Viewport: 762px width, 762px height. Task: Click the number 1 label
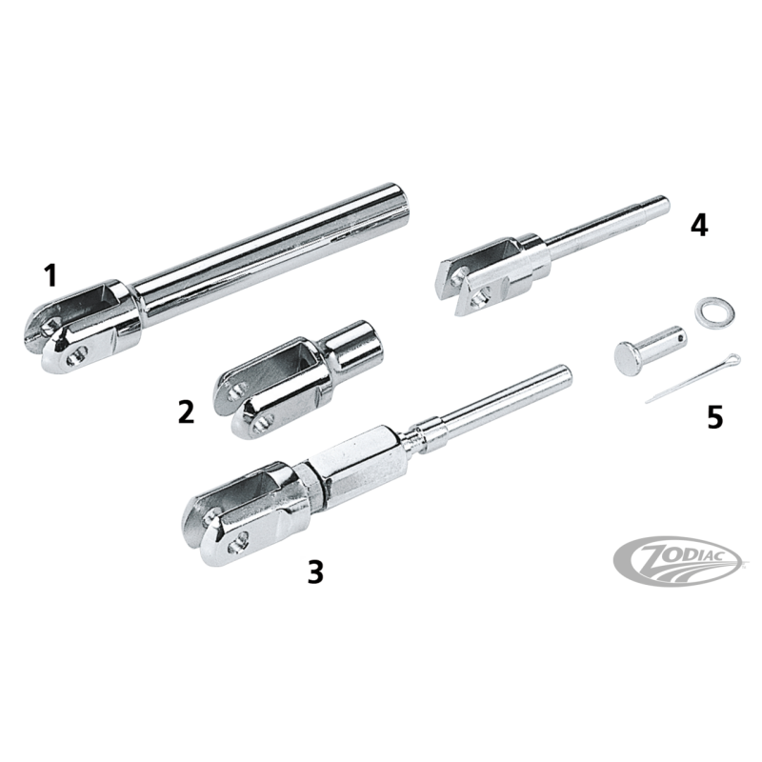(x=50, y=276)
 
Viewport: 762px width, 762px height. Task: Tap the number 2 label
(x=186, y=412)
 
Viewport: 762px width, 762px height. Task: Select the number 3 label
(x=315, y=571)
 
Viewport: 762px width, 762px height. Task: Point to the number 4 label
(x=699, y=226)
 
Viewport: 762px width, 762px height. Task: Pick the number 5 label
(x=714, y=417)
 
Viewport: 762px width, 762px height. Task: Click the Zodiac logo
(x=679, y=560)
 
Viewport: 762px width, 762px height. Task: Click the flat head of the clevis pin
(x=628, y=359)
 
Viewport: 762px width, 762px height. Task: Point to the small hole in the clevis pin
(x=681, y=336)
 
